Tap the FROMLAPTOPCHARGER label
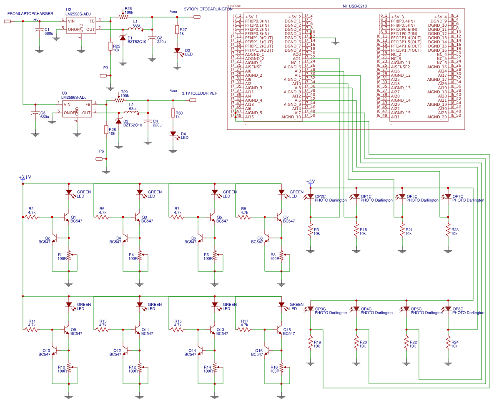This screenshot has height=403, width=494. coord(30,14)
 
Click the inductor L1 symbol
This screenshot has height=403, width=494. coord(136,29)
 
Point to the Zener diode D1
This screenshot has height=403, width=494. coord(123,38)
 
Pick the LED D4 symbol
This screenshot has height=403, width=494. coord(173,134)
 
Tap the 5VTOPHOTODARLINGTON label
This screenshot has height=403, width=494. coord(208,9)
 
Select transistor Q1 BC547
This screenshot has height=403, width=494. coord(66,217)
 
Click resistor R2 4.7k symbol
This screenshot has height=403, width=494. coord(32,217)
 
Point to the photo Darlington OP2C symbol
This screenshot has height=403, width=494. coord(311,196)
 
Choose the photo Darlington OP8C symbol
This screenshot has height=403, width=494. coord(448,309)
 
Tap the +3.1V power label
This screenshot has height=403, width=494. coord(25,178)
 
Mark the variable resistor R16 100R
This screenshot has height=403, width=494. coord(281,368)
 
